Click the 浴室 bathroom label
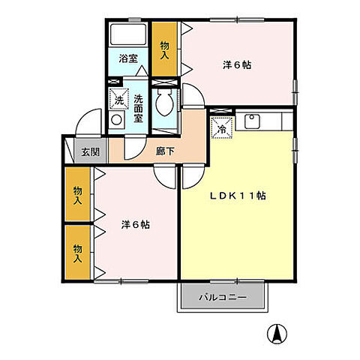[x=127, y=58]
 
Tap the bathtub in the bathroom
[x=129, y=34]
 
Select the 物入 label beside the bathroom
[x=165, y=49]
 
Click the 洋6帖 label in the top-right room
[x=236, y=64]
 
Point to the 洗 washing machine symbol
[x=118, y=98]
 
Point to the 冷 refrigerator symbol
[x=222, y=128]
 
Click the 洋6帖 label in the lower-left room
[x=135, y=223]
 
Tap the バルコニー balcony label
[x=223, y=297]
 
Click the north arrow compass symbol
[x=277, y=331]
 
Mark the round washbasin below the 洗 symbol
[x=115, y=119]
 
